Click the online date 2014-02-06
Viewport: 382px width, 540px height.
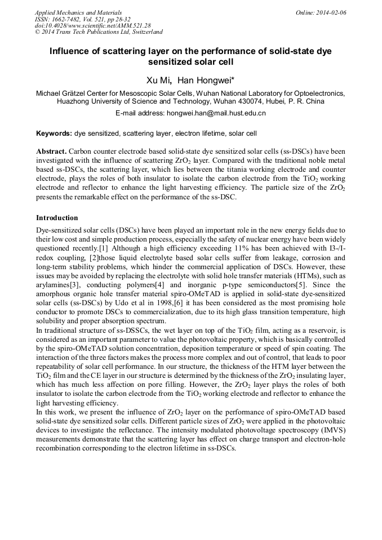(x=331, y=12)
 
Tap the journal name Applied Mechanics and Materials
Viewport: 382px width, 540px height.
(x=78, y=12)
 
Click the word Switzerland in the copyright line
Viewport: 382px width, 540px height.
(x=144, y=32)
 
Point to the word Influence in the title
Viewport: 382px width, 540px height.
(x=72, y=51)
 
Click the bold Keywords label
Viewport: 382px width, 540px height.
(x=54, y=133)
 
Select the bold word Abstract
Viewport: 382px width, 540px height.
(x=51, y=151)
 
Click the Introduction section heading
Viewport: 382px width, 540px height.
(x=57, y=217)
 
